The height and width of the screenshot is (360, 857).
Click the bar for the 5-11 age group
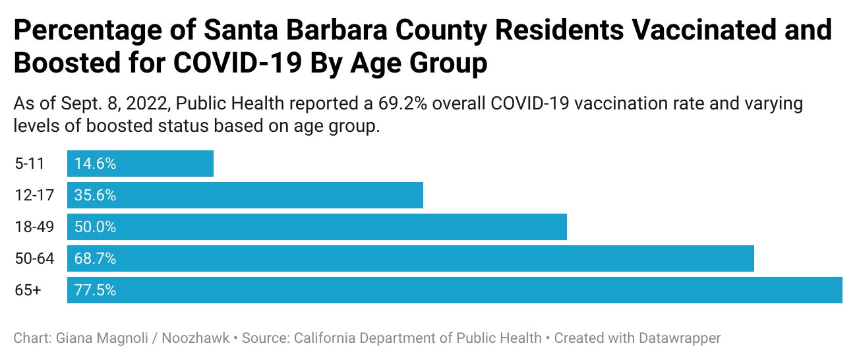[x=140, y=164]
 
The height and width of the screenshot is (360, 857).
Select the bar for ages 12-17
[x=245, y=195]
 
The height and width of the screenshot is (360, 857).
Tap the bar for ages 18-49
[x=317, y=227]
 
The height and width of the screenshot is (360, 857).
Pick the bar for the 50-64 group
[x=411, y=258]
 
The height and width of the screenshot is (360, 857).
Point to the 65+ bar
[x=455, y=290]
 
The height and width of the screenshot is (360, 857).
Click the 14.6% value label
[x=96, y=164]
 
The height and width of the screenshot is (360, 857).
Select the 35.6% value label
[x=96, y=195]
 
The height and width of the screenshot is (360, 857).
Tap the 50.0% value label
[x=96, y=227]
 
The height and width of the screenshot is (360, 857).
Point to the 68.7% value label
[x=96, y=259]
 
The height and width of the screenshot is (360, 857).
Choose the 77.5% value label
[x=96, y=290]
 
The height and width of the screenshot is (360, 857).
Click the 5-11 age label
[x=30, y=164]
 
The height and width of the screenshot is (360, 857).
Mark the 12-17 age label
[x=34, y=195]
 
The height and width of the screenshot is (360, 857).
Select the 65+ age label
[x=28, y=290]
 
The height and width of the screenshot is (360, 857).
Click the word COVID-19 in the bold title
[x=237, y=63]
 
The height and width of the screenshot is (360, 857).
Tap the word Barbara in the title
[x=337, y=30]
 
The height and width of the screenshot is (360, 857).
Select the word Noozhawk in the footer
[x=196, y=338]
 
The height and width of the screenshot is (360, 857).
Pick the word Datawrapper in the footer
[x=680, y=338]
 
